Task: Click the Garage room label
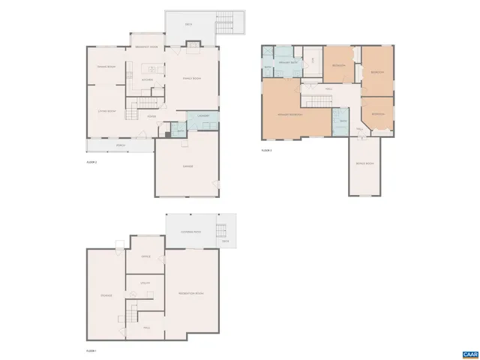point(188,166)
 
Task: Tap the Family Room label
point(192,79)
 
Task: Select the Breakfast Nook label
point(146,47)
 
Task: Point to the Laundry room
point(202,115)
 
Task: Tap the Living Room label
point(106,112)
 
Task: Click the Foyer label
point(151,116)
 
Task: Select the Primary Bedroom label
point(290,115)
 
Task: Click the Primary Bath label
point(286,63)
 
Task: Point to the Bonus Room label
point(365,163)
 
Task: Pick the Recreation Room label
point(190,292)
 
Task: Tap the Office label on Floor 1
point(146,256)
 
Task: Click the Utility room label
point(146,283)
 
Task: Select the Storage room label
point(106,295)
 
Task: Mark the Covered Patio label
point(191,232)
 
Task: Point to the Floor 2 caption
point(92,161)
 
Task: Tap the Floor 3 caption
point(266,150)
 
